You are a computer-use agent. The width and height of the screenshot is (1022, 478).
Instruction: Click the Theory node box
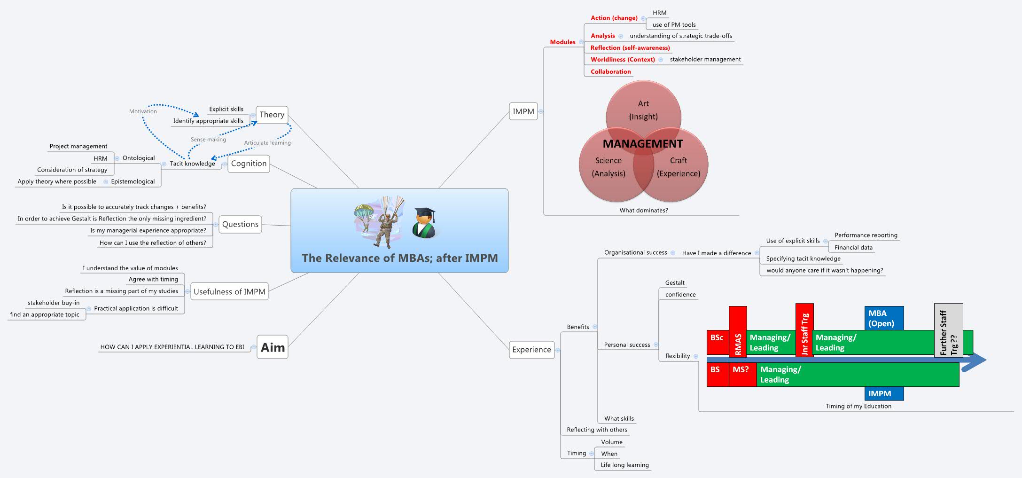click(x=272, y=115)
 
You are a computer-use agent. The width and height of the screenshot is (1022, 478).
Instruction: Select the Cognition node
click(x=249, y=164)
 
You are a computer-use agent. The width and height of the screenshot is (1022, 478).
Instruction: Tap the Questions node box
click(x=240, y=224)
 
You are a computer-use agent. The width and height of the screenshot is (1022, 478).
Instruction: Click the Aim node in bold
click(x=273, y=347)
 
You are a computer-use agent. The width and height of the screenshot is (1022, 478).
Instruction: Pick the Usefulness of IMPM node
click(x=229, y=291)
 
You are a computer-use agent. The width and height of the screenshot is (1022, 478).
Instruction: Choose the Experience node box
click(x=531, y=350)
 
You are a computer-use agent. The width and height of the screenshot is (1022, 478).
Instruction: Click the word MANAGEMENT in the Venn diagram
click(x=642, y=144)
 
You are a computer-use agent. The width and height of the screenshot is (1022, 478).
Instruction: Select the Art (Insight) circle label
click(x=643, y=110)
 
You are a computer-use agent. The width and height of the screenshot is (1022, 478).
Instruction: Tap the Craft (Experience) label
click(x=678, y=167)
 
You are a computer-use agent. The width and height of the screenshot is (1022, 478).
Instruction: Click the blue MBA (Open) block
click(x=883, y=318)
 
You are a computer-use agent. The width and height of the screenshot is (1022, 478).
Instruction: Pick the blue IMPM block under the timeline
click(x=883, y=393)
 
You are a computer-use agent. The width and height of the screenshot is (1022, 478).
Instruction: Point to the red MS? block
click(x=742, y=374)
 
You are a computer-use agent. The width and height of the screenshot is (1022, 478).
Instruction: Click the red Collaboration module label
click(x=610, y=71)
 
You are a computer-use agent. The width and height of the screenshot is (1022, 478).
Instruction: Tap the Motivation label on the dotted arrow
click(x=143, y=111)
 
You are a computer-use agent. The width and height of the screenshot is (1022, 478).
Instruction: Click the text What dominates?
click(x=643, y=210)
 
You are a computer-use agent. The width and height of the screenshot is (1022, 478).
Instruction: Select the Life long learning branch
click(x=624, y=465)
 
